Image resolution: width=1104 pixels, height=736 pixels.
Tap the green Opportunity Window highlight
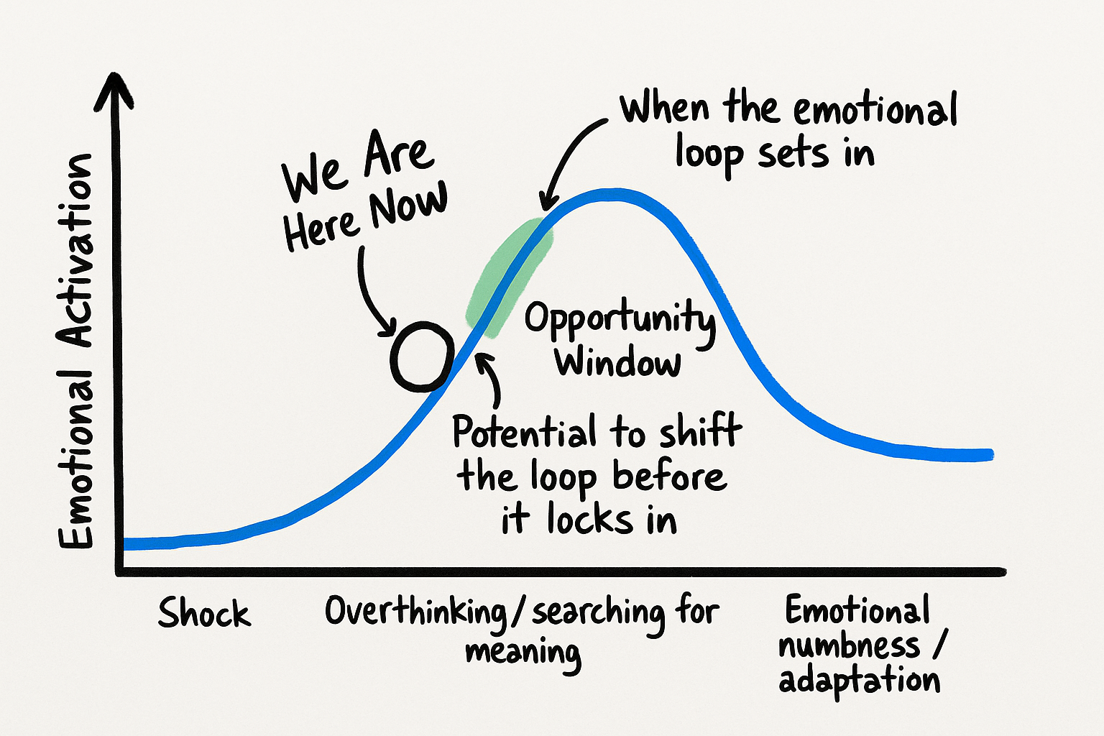point(510,276)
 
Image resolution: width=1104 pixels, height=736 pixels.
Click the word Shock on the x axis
point(204,613)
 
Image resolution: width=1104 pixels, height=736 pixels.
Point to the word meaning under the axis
point(523,654)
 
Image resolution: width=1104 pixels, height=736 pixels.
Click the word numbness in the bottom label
point(849,645)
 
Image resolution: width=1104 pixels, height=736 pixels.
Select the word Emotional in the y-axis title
point(75,459)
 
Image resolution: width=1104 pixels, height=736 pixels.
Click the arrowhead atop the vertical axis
point(114,88)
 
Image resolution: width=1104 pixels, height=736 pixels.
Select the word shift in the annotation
point(700,430)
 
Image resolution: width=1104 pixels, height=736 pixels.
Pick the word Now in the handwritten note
point(408,205)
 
